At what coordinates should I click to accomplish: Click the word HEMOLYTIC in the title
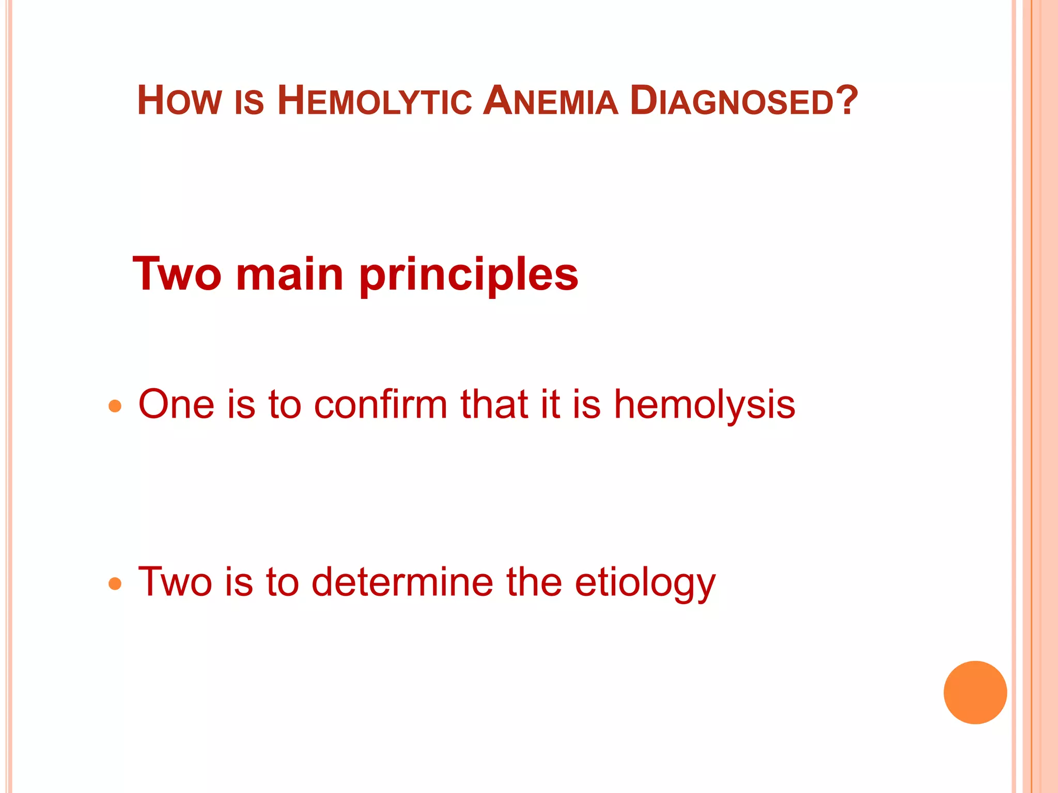point(375,101)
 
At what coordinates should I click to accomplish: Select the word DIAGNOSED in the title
point(733,101)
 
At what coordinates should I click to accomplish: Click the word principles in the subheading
point(469,275)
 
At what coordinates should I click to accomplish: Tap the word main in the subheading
point(289,274)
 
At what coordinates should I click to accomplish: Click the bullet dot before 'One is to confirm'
point(115,406)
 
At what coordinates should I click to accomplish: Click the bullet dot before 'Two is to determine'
point(115,584)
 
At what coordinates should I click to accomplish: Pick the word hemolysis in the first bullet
point(704,405)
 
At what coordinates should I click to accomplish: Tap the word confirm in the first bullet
point(381,404)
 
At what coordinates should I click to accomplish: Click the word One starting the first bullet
point(176,404)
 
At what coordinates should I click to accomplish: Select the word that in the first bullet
point(494,404)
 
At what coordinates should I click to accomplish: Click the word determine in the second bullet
point(402,582)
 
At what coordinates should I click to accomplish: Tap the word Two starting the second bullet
point(175,582)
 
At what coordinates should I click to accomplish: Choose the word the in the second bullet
point(534,582)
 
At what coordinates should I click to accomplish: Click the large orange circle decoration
point(975,692)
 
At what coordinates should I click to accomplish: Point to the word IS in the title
point(249,102)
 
